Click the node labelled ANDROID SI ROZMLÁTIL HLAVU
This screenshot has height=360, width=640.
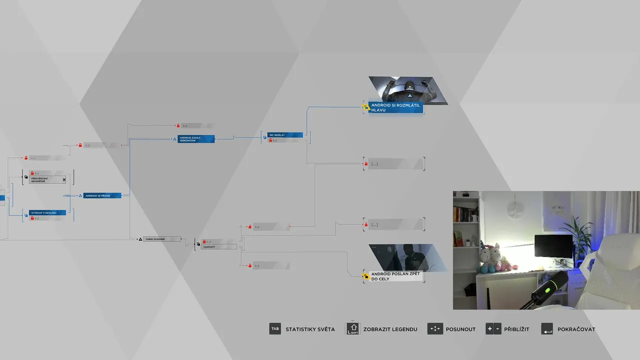coord(395,107)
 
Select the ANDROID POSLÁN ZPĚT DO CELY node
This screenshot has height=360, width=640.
coord(395,276)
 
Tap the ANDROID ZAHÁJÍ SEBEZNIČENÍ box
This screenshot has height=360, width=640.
coord(196,139)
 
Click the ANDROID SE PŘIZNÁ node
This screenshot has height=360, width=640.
coord(102,195)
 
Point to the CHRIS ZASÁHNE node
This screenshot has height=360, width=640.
coord(161,239)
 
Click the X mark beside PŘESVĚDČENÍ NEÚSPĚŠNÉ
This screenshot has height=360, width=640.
coord(64,179)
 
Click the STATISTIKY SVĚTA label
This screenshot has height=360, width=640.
coord(310,329)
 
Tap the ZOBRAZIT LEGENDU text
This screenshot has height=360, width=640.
coord(390,329)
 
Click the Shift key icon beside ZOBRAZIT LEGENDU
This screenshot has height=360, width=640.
coord(353,329)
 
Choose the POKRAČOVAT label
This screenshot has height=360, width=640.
coord(576,329)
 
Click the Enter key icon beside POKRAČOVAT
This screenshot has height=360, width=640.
coord(547,329)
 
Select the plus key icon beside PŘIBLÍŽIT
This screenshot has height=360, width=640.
coord(489,329)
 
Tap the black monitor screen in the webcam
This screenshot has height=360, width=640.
coord(553,245)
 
